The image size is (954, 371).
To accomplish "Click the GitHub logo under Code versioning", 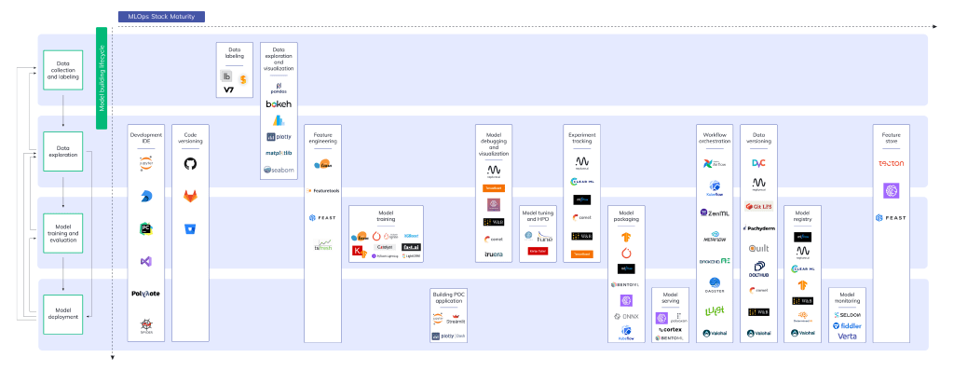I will pos(190,164).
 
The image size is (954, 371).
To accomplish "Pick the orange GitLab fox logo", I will pos(190,196).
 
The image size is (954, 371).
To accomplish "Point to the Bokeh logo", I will pos(279,104).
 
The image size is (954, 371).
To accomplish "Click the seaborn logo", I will pos(279,170).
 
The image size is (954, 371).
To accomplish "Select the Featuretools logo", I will pos(322,190).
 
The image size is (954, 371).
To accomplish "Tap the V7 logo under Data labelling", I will pos(229,90).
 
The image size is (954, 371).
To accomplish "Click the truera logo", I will pos(494,254).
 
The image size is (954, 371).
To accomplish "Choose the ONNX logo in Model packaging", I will pos(626,316).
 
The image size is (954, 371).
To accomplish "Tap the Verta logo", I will pos(847,337).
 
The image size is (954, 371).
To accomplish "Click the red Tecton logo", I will pos(892,164).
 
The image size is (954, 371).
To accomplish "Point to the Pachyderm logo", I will pos(758,227).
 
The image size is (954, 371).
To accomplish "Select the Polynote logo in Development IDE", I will pos(146,293).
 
